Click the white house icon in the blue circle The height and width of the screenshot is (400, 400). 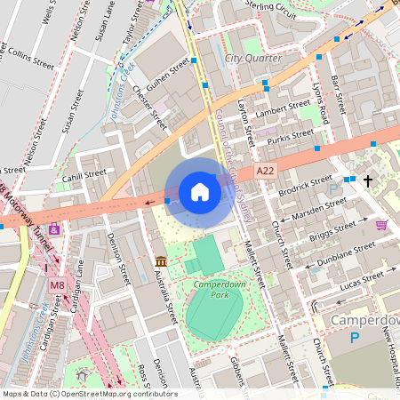click(x=200, y=192)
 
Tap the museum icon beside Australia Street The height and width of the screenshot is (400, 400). click(x=161, y=261)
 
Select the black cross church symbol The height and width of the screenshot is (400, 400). click(x=367, y=180)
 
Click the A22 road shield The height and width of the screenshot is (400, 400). click(x=265, y=170)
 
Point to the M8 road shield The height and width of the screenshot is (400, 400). click(x=57, y=284)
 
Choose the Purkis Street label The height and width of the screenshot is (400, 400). click(x=291, y=136)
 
